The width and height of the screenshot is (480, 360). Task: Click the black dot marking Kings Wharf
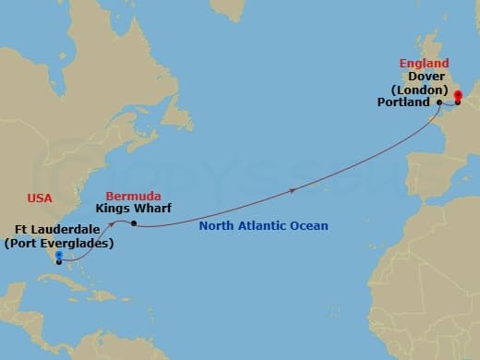pyautogui.click(x=134, y=223)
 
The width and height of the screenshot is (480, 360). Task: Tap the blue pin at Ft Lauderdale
pyautogui.click(x=58, y=256)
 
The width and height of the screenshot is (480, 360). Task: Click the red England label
pyautogui.click(x=424, y=64)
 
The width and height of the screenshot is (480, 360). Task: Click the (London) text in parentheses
pyautogui.click(x=426, y=90)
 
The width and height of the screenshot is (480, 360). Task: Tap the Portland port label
pyautogui.click(x=403, y=102)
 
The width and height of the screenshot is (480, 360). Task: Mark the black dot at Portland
pyautogui.click(x=438, y=102)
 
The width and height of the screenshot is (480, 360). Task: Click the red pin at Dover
pyautogui.click(x=457, y=95)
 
